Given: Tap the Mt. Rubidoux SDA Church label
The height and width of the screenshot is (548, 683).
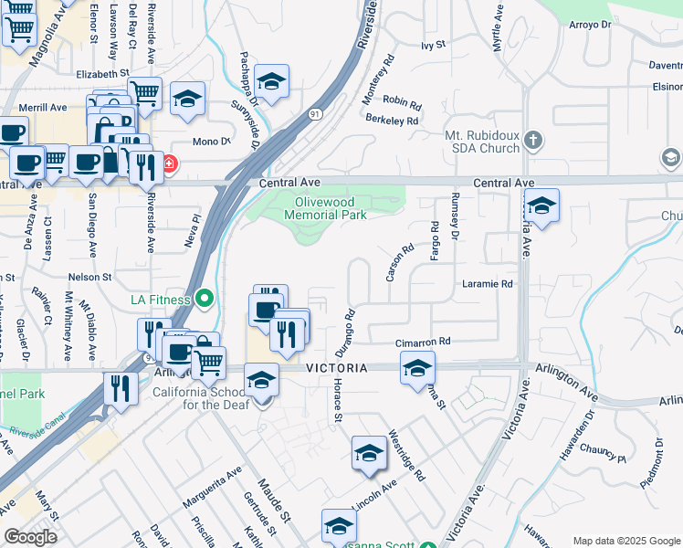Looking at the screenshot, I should (482, 142).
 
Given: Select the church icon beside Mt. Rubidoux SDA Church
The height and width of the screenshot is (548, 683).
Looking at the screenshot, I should (534, 141).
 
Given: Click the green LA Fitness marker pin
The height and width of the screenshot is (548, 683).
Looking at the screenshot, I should (205, 299).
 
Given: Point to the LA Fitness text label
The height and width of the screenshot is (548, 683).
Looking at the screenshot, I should (161, 300).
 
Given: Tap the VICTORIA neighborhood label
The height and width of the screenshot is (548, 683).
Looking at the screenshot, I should (337, 367).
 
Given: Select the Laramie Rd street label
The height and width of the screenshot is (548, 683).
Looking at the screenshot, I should (488, 284).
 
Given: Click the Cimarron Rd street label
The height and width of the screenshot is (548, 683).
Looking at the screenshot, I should (423, 342).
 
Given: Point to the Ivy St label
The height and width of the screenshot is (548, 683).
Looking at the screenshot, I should (432, 44).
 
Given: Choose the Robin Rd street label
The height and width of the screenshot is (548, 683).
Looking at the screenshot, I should (402, 101).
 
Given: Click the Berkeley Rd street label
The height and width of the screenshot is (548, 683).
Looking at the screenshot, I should (392, 120).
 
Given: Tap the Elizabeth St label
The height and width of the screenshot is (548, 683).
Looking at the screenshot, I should (98, 73).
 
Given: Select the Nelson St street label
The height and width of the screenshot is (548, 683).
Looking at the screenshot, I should (89, 276).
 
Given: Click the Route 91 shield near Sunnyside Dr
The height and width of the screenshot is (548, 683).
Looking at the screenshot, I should (314, 113).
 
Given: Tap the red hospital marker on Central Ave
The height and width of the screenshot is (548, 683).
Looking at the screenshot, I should (170, 164).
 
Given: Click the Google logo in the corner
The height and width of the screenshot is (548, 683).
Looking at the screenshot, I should (30, 537).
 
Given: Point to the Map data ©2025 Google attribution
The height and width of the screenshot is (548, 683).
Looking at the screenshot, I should (625, 541).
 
